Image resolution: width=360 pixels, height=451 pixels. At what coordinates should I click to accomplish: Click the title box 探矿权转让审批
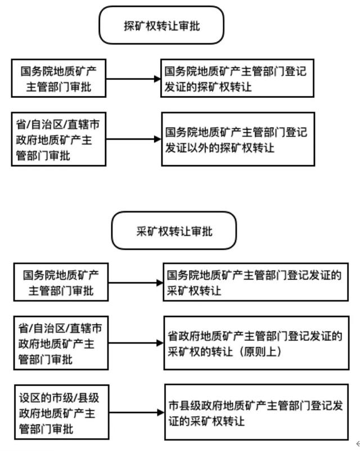pyautogui.click(x=161, y=26)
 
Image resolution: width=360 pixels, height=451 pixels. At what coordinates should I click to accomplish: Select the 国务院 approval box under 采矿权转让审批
pyautogui.click(x=61, y=283)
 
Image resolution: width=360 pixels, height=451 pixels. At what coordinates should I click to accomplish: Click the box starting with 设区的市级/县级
pyautogui.click(x=61, y=412)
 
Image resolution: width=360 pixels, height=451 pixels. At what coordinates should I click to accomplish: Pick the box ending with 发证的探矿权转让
pyautogui.click(x=237, y=79)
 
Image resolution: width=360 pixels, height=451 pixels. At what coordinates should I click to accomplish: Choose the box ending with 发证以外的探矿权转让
pyautogui.click(x=237, y=139)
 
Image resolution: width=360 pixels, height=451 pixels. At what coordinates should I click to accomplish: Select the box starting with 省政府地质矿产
pyautogui.click(x=262, y=343)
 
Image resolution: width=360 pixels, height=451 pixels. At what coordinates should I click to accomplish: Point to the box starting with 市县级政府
pyautogui.click(x=262, y=412)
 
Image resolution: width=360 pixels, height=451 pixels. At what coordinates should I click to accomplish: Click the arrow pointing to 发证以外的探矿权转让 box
pyautogui.click(x=133, y=139)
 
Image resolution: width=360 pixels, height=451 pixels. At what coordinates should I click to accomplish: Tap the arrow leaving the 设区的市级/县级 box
pyautogui.click(x=136, y=412)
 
